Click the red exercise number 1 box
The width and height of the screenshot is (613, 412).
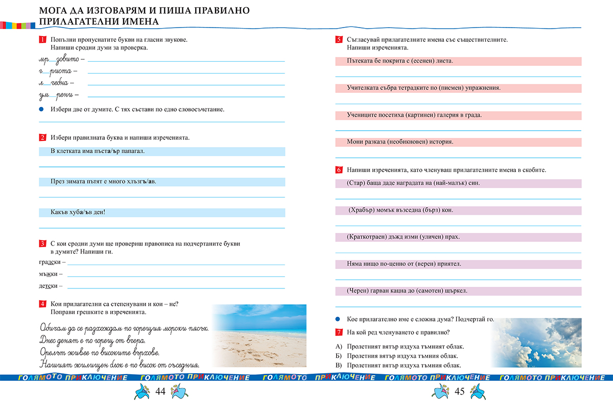click(42, 40)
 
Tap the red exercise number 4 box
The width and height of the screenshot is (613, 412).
click(42, 304)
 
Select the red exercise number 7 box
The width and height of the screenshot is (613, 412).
click(338, 332)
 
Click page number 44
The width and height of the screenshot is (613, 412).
click(160, 392)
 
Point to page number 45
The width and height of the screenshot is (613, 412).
click(459, 392)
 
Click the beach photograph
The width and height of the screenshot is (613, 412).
click(259, 335)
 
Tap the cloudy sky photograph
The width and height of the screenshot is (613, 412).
click(536, 343)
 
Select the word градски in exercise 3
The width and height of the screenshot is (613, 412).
click(49, 262)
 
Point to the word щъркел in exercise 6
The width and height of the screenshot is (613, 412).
click(456, 291)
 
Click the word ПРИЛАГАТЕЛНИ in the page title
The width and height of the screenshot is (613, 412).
click(71, 21)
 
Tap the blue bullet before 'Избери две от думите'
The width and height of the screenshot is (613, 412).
click(42, 109)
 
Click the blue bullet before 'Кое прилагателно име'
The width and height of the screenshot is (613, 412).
click(338, 319)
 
